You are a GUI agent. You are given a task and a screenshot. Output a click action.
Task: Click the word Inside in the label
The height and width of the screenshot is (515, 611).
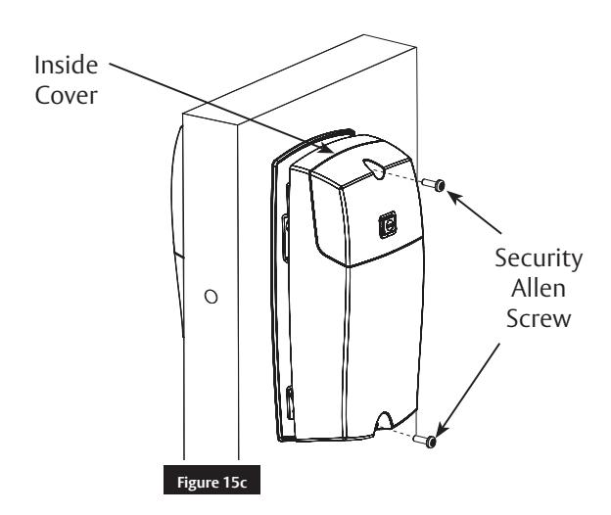67,65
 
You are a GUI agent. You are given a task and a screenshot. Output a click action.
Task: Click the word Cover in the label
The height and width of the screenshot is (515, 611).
66,95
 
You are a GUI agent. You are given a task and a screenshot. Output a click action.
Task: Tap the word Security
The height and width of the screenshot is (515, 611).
539,259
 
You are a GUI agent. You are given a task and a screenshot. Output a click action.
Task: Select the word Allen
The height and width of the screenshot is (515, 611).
539,288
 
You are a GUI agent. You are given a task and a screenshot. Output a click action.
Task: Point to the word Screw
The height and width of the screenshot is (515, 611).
539,318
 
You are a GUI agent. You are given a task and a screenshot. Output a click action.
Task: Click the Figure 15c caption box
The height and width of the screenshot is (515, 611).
211,480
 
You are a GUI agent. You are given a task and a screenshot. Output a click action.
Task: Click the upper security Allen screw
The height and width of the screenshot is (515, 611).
434,184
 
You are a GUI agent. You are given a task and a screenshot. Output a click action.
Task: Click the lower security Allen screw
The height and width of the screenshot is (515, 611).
425,441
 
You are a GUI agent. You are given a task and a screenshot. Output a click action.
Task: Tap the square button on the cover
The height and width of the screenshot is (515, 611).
388,225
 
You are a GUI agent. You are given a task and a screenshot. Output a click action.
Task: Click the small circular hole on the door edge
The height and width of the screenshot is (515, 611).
211,297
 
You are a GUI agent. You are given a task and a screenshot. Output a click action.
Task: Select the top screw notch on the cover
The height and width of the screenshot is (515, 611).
374,167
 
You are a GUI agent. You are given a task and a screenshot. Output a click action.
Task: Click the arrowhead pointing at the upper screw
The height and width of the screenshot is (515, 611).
454,197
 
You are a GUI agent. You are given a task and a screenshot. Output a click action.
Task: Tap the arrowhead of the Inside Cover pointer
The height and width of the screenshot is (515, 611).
325,149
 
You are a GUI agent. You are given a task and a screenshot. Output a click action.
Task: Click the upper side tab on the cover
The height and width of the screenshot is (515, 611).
286,238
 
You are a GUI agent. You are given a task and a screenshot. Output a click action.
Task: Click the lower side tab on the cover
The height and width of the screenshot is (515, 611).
290,402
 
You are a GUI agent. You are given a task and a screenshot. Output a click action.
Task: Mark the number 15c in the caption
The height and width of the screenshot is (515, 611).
235,483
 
